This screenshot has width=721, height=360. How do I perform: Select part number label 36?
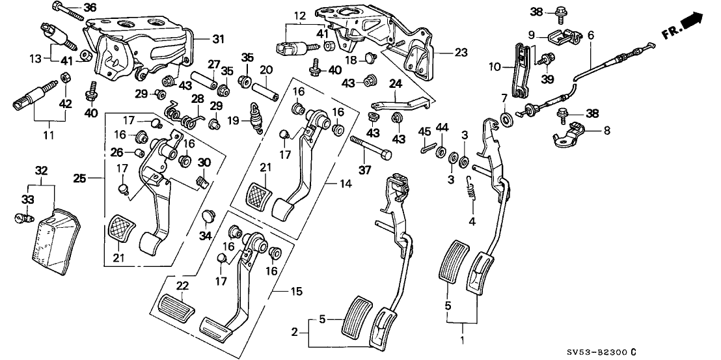89,8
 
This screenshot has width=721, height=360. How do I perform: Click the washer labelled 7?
506,118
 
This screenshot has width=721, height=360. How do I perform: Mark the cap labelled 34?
208,214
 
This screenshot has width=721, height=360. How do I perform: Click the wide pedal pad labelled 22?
175,305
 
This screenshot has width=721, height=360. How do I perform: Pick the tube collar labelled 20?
266,87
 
